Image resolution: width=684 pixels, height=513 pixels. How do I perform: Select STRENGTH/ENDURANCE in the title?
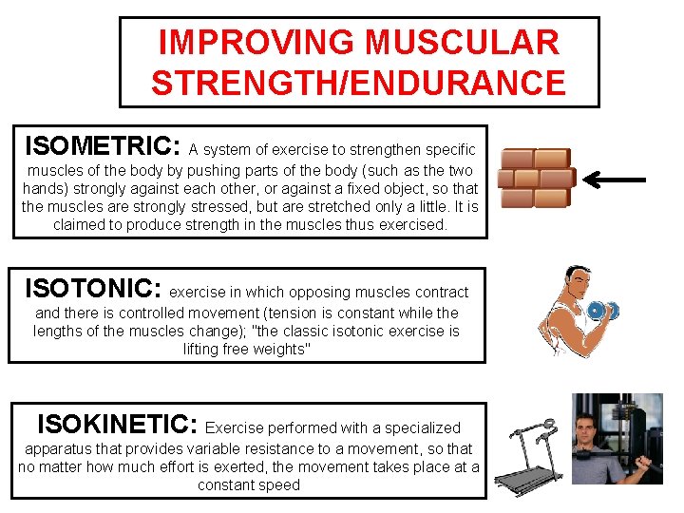tap(358, 84)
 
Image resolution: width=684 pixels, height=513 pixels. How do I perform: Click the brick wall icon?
tap(535, 178)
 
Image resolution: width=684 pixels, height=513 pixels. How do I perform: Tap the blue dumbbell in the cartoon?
tap(601, 311)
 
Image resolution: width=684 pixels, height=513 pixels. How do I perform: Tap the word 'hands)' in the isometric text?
tap(45, 189)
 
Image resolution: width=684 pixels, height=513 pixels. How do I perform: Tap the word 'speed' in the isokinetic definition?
tap(279, 484)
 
